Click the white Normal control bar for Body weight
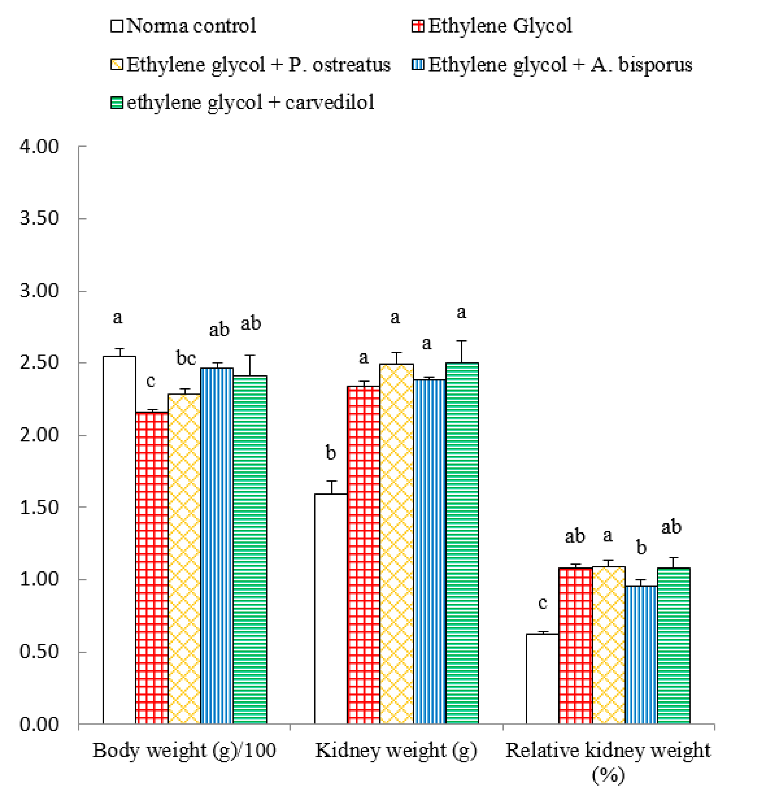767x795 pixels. point(119,540)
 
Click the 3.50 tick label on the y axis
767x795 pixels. point(39,218)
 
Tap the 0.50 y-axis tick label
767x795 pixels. point(39,652)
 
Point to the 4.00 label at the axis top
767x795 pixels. point(39,146)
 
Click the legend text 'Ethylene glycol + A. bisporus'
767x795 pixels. point(560,65)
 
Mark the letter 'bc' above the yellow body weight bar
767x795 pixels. point(186,358)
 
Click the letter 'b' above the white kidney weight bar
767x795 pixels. point(330,453)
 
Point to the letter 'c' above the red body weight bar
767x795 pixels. point(150,380)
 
